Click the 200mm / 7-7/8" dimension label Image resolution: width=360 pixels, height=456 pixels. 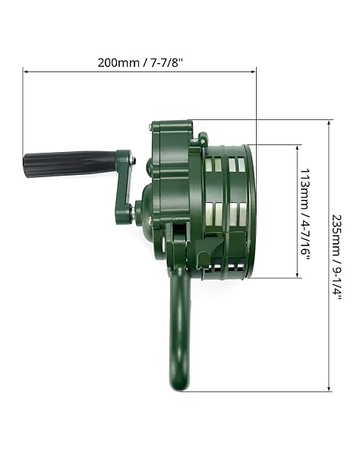coord(141,63)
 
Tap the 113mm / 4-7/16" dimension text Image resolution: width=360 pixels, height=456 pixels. coord(305,211)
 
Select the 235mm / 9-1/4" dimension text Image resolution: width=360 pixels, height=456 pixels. coord(336,257)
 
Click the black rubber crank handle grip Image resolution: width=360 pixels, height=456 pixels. coord(70,163)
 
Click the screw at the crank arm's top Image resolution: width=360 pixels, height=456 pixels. coord(133,160)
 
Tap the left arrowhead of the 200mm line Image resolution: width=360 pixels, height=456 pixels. coord(26,71)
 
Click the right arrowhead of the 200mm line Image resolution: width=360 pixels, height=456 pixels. coord(253,71)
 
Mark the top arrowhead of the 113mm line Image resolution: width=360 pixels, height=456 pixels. coord(297,147)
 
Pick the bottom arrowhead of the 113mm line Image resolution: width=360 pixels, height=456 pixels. coord(297,275)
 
